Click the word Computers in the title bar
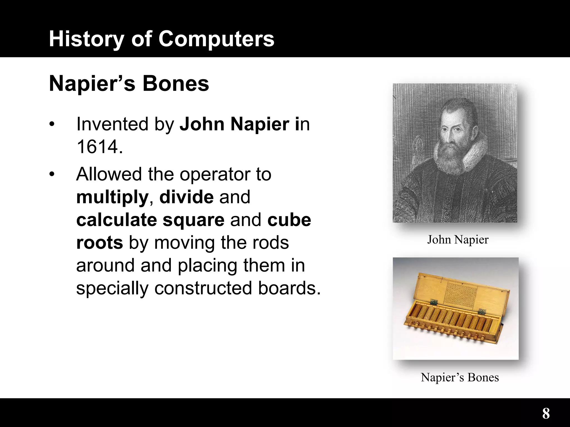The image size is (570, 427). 216,39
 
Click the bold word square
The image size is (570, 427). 193,220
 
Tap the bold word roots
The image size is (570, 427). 99,243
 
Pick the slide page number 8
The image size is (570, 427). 546,414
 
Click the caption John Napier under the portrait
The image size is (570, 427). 458,240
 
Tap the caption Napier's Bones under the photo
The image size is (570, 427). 460,378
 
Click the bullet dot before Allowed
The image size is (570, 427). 51,175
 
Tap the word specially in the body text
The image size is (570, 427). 112,288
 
